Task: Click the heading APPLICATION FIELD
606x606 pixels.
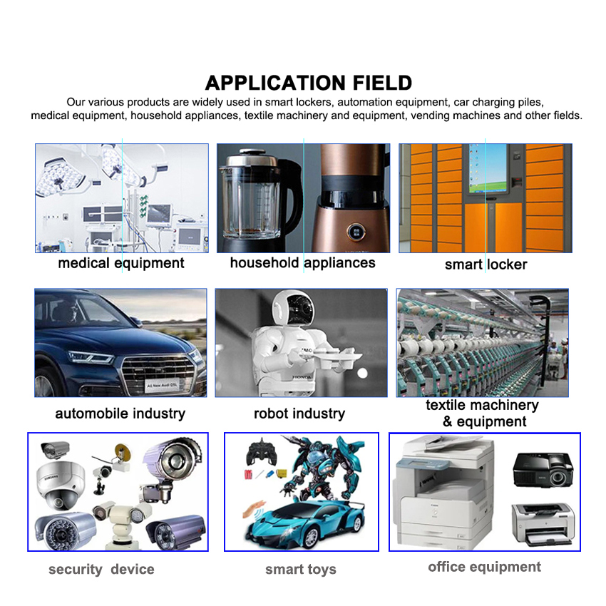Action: click(x=308, y=83)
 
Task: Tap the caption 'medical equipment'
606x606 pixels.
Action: click(x=121, y=263)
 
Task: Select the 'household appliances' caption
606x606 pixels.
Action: click(x=302, y=263)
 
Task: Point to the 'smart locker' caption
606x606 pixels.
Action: click(x=486, y=265)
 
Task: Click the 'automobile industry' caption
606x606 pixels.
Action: click(x=120, y=414)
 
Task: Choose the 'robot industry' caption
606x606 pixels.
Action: click(x=299, y=414)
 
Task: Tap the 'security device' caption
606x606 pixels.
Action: click(x=101, y=570)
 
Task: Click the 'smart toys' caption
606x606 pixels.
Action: click(x=301, y=570)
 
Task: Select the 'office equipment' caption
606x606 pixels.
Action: click(x=484, y=568)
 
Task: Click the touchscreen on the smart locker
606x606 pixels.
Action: click(x=488, y=168)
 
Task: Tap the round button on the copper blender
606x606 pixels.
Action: click(x=356, y=232)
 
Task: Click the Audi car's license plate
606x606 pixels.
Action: click(x=163, y=386)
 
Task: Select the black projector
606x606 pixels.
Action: click(x=543, y=469)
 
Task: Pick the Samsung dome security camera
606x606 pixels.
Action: click(x=61, y=485)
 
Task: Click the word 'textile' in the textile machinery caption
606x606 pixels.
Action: click(x=446, y=406)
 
